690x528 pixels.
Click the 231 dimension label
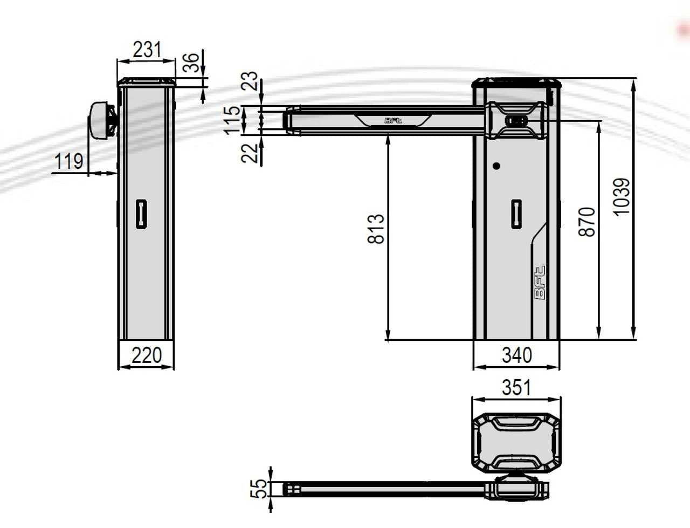tap(147, 50)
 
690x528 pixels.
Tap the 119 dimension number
tap(69, 161)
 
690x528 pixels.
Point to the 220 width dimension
tap(147, 355)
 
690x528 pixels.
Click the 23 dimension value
tap(250, 81)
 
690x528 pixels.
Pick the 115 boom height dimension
tap(231, 120)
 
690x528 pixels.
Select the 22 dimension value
tap(250, 153)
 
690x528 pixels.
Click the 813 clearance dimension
tap(376, 229)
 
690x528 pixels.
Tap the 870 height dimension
tap(587, 221)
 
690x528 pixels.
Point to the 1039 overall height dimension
tap(621, 197)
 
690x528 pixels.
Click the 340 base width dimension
tap(516, 355)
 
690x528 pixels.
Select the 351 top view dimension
tap(516, 387)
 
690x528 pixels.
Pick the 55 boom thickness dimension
tap(260, 489)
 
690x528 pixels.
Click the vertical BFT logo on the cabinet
tap(540, 283)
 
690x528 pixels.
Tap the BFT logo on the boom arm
tap(393, 121)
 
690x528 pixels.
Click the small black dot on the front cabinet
tap(496, 166)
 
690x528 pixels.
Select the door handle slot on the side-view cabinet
tap(141, 214)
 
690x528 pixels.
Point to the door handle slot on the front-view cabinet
tap(516, 214)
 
